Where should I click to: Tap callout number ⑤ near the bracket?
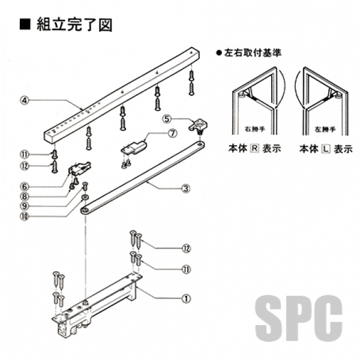tap(169, 118)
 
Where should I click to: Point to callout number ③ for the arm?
tap(186, 188)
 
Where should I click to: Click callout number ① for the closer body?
tap(187, 296)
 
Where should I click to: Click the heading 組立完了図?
tap(74, 25)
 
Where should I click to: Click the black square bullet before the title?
tap(25, 25)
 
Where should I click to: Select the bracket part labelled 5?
tap(197, 125)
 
